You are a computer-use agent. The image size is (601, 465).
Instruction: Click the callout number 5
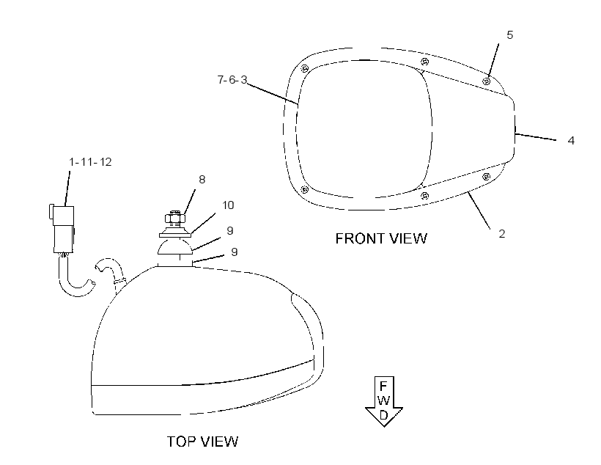510,35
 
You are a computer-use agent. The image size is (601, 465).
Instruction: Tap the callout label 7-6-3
232,80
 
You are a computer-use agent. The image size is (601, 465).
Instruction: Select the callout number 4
571,141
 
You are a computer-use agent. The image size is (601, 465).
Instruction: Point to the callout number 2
502,234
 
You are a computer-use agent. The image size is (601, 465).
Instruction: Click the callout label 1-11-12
90,162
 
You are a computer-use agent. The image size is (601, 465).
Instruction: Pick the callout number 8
202,180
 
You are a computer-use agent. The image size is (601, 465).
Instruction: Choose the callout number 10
228,205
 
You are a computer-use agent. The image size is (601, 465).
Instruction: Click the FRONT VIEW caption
381,238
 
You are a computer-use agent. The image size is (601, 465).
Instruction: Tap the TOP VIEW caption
203,442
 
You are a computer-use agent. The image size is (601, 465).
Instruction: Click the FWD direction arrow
383,401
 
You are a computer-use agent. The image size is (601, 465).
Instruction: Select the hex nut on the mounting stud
175,219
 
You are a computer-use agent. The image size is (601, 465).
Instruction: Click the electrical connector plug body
63,229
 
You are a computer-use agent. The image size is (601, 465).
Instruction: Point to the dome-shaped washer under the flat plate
174,246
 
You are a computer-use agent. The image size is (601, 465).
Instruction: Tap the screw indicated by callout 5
487,81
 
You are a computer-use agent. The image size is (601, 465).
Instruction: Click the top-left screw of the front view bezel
305,69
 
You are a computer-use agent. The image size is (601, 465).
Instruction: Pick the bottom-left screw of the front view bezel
305,189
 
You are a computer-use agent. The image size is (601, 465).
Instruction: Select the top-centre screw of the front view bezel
424,62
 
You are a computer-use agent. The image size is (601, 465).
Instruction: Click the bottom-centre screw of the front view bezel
424,197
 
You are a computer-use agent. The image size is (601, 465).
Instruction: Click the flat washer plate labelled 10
174,234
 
